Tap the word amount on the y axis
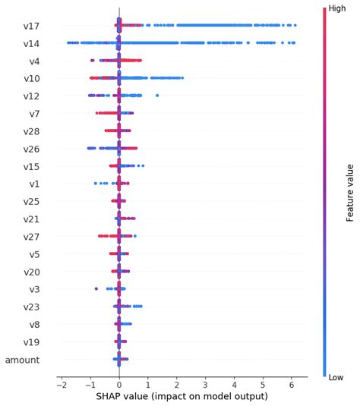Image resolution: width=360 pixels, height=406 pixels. point(22,360)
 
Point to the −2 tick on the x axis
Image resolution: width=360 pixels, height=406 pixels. point(61,384)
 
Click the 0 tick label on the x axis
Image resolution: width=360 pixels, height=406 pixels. point(119,384)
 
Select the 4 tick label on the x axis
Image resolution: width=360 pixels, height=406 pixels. point(235,384)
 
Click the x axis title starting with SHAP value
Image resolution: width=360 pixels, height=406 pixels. point(182,396)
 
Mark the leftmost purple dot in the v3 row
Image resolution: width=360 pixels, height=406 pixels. point(96,288)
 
